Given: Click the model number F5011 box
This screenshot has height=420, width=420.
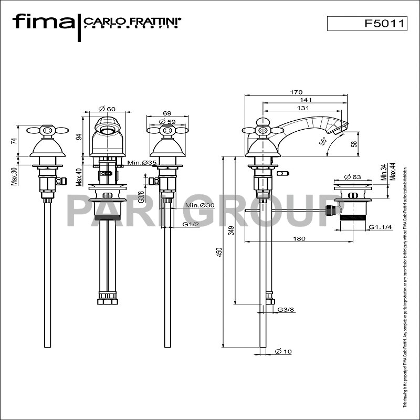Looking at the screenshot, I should (x=367, y=24).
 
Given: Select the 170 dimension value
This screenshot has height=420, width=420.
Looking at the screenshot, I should (x=297, y=92).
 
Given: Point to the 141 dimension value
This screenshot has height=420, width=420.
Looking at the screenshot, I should (x=306, y=100).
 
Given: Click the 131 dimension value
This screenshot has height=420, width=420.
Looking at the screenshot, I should (x=303, y=108).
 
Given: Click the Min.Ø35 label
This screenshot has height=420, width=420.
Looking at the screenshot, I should (x=142, y=163).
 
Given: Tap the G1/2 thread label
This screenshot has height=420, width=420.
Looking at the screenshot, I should (x=190, y=224).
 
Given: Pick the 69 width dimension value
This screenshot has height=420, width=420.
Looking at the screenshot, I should (x=167, y=113).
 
